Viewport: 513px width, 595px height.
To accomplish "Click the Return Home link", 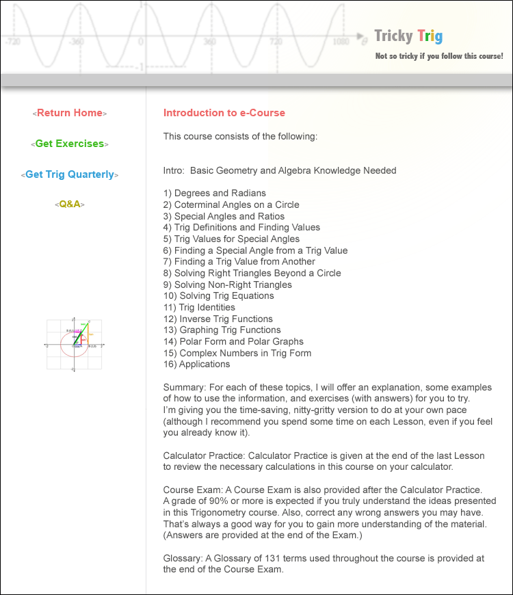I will click(70, 113).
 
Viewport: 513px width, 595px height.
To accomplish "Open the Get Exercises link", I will click(70, 144).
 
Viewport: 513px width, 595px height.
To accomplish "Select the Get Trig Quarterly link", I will click(70, 174).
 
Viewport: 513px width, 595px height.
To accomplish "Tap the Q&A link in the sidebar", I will click(70, 204).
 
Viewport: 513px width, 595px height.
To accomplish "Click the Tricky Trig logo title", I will click(408, 36).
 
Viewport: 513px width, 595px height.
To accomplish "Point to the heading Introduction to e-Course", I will click(224, 113).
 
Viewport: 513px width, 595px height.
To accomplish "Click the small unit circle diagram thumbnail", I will click(74, 345).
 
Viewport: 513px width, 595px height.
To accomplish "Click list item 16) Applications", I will click(196, 365).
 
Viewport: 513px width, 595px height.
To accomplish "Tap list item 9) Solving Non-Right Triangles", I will click(228, 285).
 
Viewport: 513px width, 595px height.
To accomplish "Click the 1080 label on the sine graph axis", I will click(340, 42).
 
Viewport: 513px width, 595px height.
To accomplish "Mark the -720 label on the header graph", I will click(12, 42).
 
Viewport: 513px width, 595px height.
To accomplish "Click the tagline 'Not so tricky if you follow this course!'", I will click(439, 56).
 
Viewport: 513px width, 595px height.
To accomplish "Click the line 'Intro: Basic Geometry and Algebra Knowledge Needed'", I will click(280, 170).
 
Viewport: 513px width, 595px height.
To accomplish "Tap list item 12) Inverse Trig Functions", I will click(218, 319).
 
